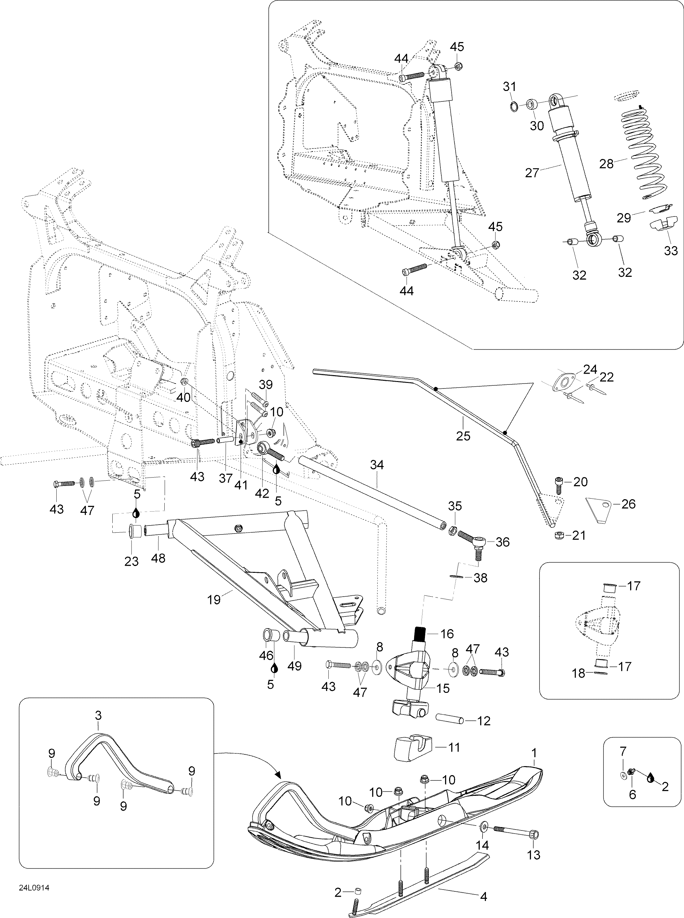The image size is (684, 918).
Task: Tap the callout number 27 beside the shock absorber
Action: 532,173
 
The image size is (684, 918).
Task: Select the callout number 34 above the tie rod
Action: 377,465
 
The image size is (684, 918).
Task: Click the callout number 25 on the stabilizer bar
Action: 463,435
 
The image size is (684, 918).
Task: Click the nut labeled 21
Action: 557,535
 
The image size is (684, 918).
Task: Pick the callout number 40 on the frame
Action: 184,397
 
